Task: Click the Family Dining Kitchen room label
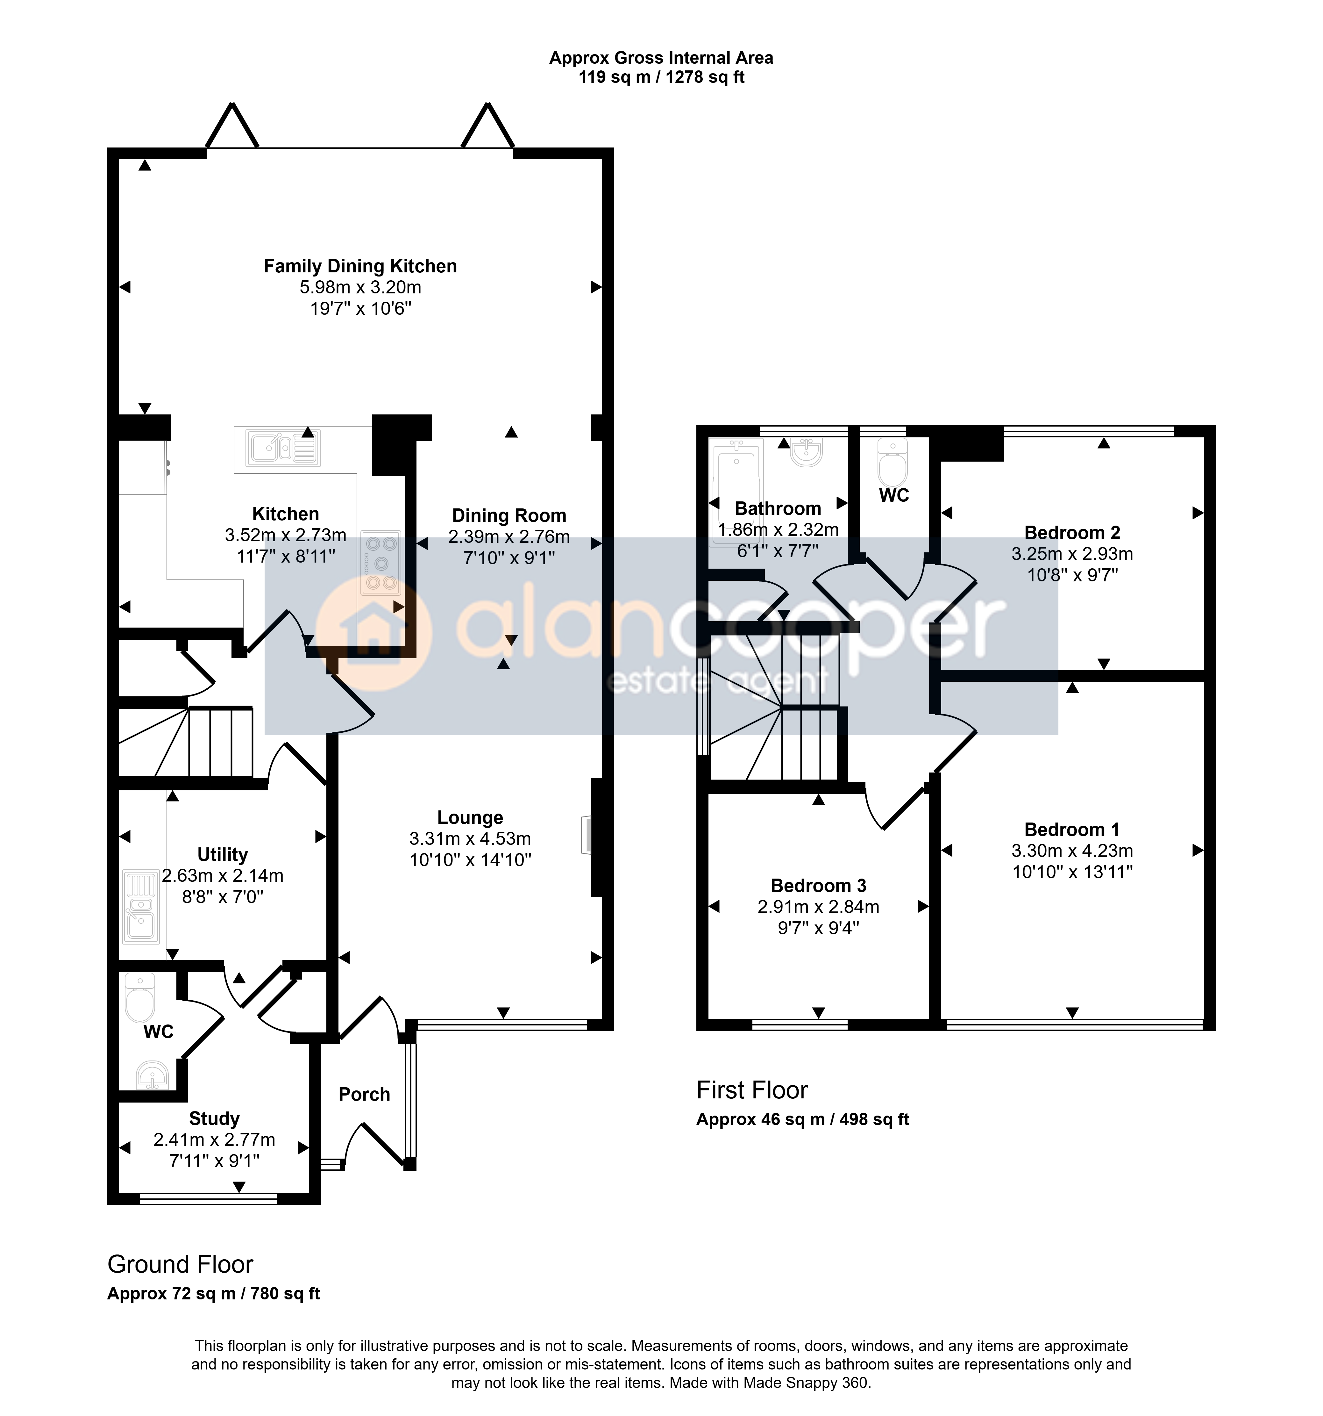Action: [x=360, y=266]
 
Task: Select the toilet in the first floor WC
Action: [x=893, y=462]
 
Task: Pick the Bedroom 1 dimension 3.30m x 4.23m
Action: [x=1072, y=851]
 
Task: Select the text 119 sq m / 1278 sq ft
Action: [x=662, y=77]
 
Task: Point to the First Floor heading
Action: [x=752, y=1090]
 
